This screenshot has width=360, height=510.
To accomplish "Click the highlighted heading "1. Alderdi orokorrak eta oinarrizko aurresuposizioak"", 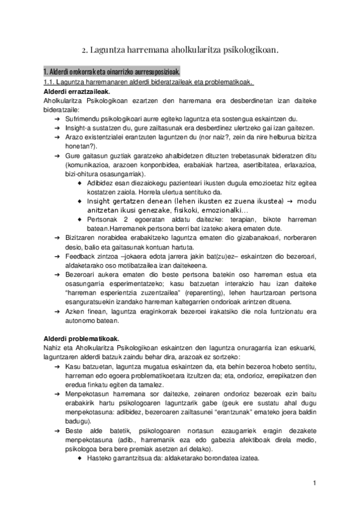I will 112,72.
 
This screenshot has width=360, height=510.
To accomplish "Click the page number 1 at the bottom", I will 314,483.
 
